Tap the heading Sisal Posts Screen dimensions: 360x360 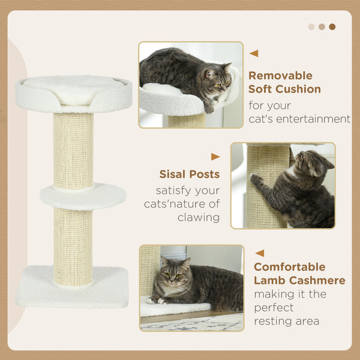pyautogui.click(x=189, y=175)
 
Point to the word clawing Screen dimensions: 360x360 pyautogui.click(x=199, y=217)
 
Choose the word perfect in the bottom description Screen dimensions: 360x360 pyautogui.click(x=273, y=308)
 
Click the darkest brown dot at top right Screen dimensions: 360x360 pyautogui.click(x=332, y=26)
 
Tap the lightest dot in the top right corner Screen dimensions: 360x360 pyautogui.click(x=311, y=26)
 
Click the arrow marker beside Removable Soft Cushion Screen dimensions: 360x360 pyautogui.click(x=254, y=53)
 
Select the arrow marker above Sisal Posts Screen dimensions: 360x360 pyautogui.click(x=215, y=157)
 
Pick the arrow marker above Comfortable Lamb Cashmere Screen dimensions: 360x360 pyautogui.click(x=260, y=253)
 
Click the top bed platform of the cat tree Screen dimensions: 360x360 pyautogui.click(x=73, y=94)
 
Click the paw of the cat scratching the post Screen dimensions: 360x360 pyautogui.click(x=256, y=179)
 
